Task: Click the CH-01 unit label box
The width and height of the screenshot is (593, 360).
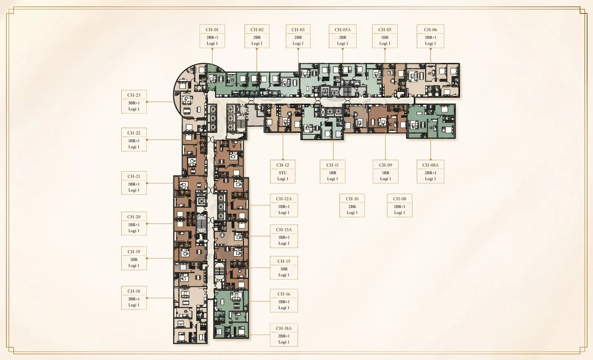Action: click(x=212, y=36)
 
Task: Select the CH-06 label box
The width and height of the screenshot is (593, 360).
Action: click(x=431, y=36)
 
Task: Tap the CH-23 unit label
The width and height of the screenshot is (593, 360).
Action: click(x=134, y=102)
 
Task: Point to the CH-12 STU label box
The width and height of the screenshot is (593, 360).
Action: click(x=283, y=171)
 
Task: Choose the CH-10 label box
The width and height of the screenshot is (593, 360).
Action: click(x=352, y=205)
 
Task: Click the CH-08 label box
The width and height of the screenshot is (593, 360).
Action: click(x=400, y=205)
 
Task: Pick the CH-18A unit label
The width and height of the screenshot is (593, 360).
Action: click(x=284, y=335)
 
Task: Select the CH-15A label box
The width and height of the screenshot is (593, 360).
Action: click(x=284, y=236)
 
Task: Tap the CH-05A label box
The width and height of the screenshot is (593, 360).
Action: click(x=343, y=36)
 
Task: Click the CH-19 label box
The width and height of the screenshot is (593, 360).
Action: click(x=134, y=258)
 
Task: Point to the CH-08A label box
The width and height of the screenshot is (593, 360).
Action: click(x=431, y=171)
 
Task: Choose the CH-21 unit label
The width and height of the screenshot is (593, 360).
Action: click(x=134, y=183)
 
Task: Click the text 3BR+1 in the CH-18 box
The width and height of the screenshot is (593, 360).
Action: click(x=134, y=299)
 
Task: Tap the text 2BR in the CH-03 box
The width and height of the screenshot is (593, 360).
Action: click(x=298, y=37)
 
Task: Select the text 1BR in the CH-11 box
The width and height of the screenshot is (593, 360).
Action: click(x=333, y=173)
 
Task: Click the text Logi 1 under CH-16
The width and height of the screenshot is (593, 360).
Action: click(x=284, y=308)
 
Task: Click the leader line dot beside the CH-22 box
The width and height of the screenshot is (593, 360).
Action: click(x=147, y=140)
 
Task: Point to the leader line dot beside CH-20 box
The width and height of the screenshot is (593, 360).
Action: click(x=147, y=224)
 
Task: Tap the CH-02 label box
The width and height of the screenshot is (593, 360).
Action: click(x=257, y=36)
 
